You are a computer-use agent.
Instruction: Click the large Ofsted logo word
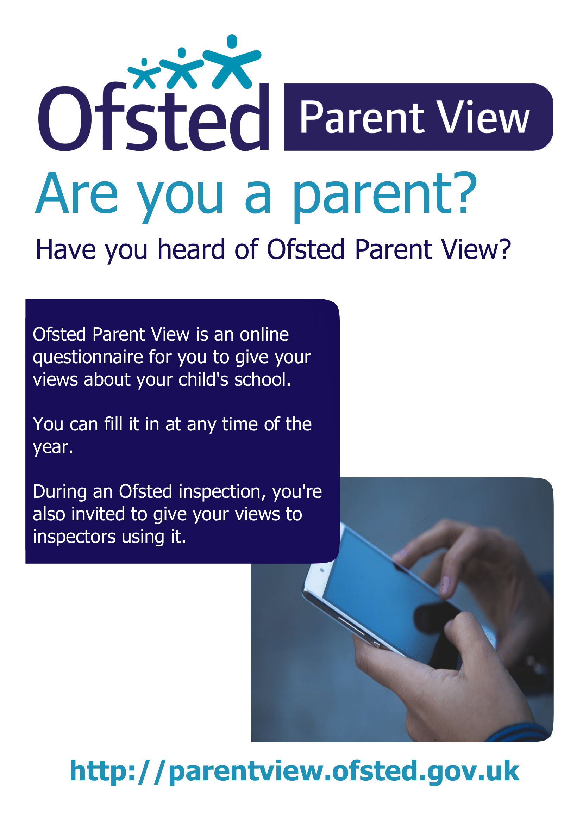click(x=153, y=118)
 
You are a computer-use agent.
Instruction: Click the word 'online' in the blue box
click(x=264, y=334)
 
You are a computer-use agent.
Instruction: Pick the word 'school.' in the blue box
click(x=262, y=380)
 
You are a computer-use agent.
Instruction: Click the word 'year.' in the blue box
click(x=53, y=447)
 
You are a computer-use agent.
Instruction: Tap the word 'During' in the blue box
click(x=59, y=491)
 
